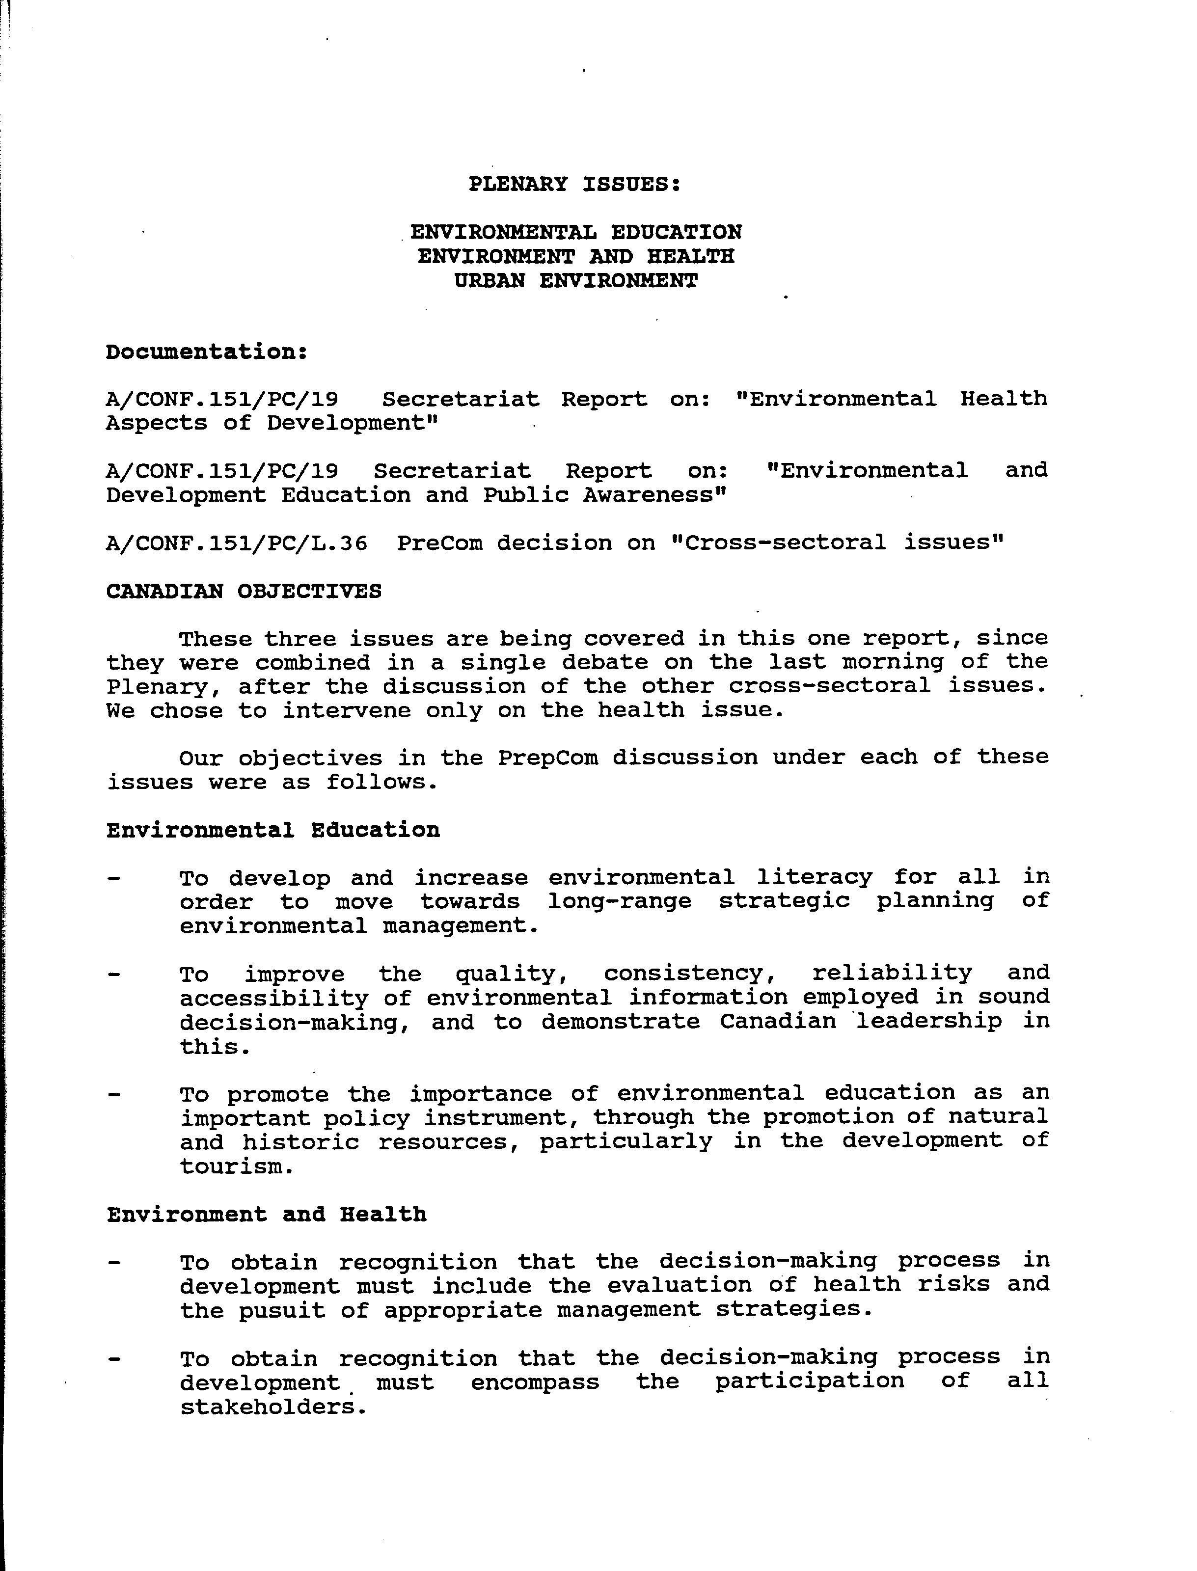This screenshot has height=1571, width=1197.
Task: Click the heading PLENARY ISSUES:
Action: pyautogui.click(x=574, y=185)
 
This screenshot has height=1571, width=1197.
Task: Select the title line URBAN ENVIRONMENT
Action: pyautogui.click(x=576, y=281)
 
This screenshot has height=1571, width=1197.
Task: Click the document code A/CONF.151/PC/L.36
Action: pyautogui.click(x=237, y=543)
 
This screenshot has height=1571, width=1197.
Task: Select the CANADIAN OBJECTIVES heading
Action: pyautogui.click(x=244, y=592)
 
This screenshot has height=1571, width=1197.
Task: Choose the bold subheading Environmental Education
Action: pyautogui.click(x=273, y=830)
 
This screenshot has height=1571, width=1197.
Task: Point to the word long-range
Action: pyautogui.click(x=619, y=901)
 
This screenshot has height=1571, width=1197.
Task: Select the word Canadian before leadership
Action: pyautogui.click(x=777, y=1022)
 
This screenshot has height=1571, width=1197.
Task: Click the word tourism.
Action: pyautogui.click(x=235, y=1167)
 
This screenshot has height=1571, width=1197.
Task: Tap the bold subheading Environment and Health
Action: pyautogui.click(x=267, y=1215)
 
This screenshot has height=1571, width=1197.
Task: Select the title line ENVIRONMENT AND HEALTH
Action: pyautogui.click(x=576, y=256)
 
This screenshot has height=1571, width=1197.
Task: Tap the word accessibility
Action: pyautogui.click(x=273, y=998)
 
